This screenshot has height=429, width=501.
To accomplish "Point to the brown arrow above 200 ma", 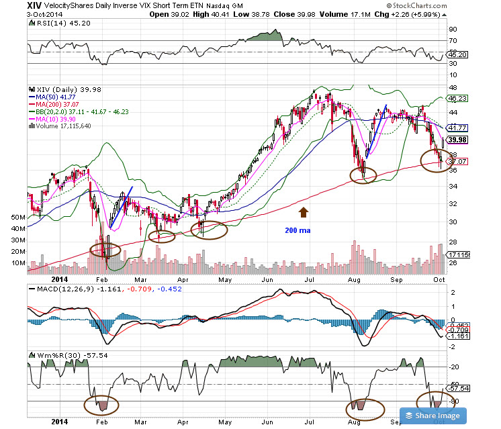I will [x=303, y=213].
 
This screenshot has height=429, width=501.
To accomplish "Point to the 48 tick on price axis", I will [x=453, y=88].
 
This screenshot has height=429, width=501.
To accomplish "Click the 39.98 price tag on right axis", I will [x=458, y=140].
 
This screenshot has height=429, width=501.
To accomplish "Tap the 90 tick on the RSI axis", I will [x=453, y=30].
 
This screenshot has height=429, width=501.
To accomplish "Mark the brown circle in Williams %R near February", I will [x=101, y=405].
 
